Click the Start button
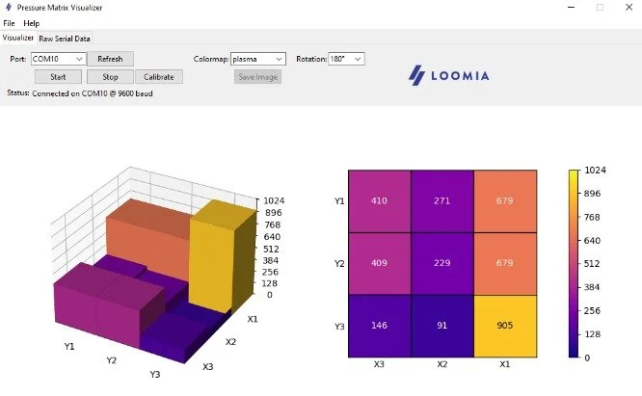tap(58, 76)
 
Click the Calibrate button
tap(158, 76)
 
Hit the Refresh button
tap(111, 59)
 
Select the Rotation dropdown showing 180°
tap(346, 59)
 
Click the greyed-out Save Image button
tap(258, 76)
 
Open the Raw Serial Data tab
tap(65, 39)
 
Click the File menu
tap(9, 22)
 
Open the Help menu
tap(32, 22)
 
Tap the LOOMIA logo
tap(449, 74)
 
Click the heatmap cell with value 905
tap(504, 326)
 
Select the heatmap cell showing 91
tap(441, 326)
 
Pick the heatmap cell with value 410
tap(379, 201)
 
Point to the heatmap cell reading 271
tap(441, 201)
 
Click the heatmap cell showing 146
tap(379, 326)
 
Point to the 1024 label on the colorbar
tap(595, 170)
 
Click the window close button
tap(625, 7)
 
